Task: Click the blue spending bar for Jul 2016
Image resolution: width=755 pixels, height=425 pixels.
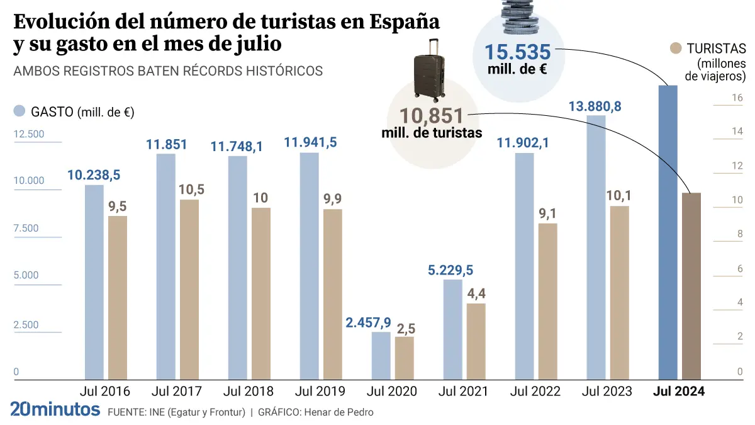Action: point(94,281)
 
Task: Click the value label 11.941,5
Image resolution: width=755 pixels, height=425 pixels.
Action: point(310,142)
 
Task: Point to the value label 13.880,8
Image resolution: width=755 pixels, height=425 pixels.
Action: point(595,106)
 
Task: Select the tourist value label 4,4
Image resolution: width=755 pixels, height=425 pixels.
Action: point(476,293)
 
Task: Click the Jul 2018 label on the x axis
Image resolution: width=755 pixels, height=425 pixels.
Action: point(248,391)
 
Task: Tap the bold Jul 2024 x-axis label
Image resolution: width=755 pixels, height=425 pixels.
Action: point(679,391)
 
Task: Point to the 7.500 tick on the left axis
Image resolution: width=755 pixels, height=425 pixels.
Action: point(26,228)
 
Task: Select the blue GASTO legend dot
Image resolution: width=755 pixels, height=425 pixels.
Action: point(20,111)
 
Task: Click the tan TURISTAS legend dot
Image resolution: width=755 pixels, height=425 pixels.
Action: point(676,48)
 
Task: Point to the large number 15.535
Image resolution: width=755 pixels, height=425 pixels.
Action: point(517,53)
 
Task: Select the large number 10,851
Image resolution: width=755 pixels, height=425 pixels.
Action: point(432,116)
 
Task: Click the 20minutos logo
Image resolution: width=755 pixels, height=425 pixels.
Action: point(55,410)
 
